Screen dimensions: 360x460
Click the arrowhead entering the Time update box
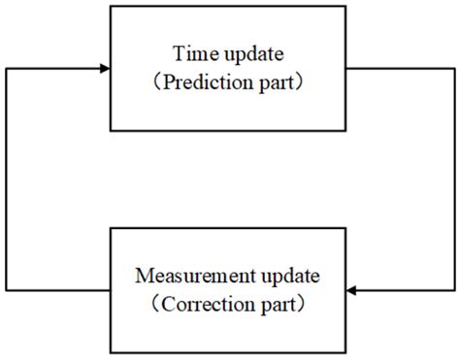pos(104,69)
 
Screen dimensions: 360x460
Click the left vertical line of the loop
pos(9,180)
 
